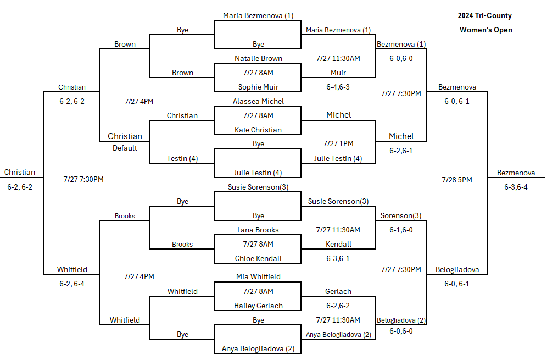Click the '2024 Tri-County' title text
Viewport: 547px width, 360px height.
coord(484,16)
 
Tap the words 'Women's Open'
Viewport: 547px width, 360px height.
coord(485,30)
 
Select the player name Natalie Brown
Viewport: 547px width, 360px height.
coord(258,58)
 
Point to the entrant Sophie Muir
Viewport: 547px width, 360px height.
coord(258,87)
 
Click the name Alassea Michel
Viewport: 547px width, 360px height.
coord(258,101)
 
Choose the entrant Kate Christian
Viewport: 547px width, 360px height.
coord(258,130)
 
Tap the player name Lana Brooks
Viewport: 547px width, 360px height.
coord(258,230)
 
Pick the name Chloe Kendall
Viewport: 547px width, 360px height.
coord(258,258)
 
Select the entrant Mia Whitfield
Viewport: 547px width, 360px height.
coord(258,276)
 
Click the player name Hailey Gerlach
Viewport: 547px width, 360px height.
coord(258,306)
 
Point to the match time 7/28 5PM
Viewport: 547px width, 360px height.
coord(456,180)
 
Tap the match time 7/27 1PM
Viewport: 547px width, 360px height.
coord(338,143)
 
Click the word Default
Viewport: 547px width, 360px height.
coord(125,148)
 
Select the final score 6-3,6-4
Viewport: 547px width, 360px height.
coord(516,187)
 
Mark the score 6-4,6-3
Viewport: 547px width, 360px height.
coord(338,87)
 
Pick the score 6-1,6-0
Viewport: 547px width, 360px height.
coord(401,230)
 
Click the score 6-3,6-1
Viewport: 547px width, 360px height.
coord(338,258)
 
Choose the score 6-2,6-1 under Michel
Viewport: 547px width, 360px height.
coord(401,151)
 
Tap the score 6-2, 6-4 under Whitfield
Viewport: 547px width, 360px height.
coord(71,284)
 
